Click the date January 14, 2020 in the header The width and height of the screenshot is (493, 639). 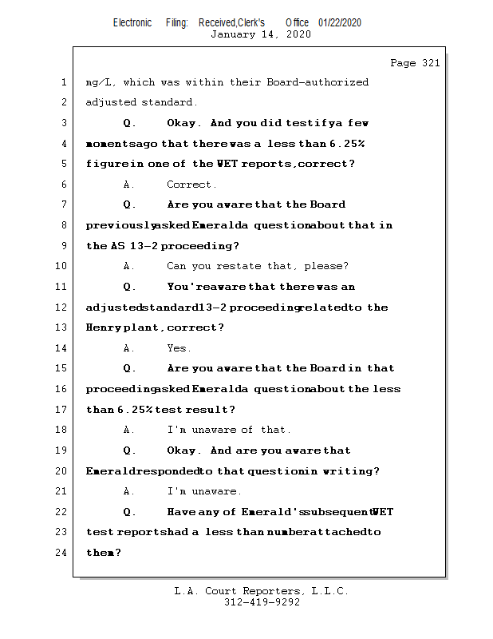coord(260,34)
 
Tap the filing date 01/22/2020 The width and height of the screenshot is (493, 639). coord(340,22)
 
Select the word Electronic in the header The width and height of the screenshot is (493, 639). coord(132,22)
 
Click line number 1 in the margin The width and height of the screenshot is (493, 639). coord(63,82)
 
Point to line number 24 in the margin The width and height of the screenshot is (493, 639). coord(63,553)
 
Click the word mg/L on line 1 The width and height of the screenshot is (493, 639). coord(99,82)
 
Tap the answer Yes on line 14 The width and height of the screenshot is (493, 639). coord(179,348)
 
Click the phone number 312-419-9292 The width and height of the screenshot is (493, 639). coord(262,603)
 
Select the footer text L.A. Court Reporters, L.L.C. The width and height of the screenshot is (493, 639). coord(262,591)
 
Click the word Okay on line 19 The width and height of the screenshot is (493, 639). coord(184,450)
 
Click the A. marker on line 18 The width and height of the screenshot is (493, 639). coord(129,430)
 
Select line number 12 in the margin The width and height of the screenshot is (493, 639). coord(63,308)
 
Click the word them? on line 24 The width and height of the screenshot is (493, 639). coord(103,553)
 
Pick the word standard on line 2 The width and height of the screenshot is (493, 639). coord(169,102)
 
